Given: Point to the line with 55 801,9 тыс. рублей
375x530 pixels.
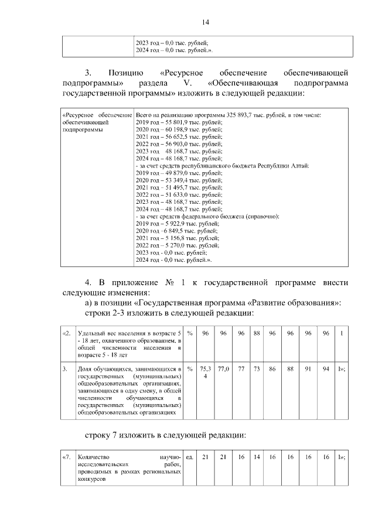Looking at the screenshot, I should (x=179, y=122).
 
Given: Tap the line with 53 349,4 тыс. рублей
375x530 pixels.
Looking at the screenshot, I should (x=179, y=180).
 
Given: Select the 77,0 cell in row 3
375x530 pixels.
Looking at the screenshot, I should (x=223, y=370).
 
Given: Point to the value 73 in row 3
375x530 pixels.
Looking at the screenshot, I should (x=257, y=370).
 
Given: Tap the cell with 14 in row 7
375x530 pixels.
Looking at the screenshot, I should (x=257, y=456).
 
